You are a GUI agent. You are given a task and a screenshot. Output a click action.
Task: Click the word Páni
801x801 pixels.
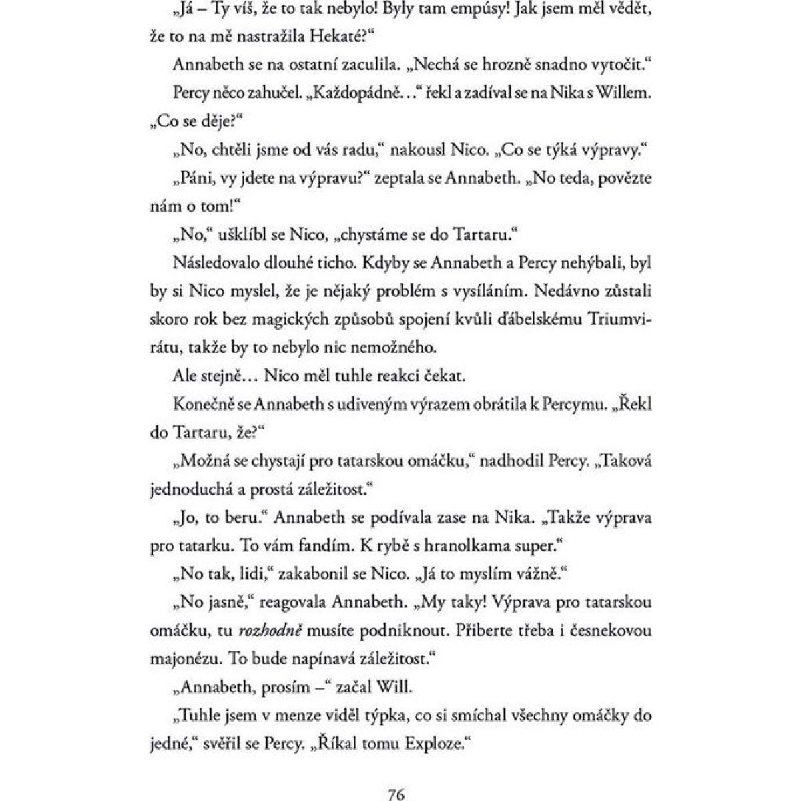(x=196, y=179)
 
